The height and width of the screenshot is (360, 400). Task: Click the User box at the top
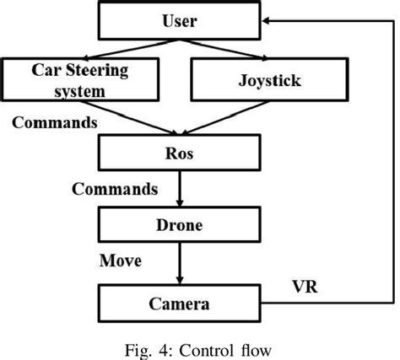point(178,21)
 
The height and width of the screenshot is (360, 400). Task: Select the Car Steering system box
point(81,81)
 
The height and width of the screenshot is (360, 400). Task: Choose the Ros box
point(179,153)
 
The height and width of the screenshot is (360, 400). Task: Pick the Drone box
point(179,225)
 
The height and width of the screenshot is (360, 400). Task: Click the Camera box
point(179,302)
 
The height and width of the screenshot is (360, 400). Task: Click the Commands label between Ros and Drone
point(115,189)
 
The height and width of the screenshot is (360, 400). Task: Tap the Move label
point(121,261)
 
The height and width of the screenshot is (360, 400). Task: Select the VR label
point(303,286)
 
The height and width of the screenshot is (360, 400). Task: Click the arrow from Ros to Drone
point(179,190)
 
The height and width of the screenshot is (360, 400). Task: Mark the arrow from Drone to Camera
point(179,263)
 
